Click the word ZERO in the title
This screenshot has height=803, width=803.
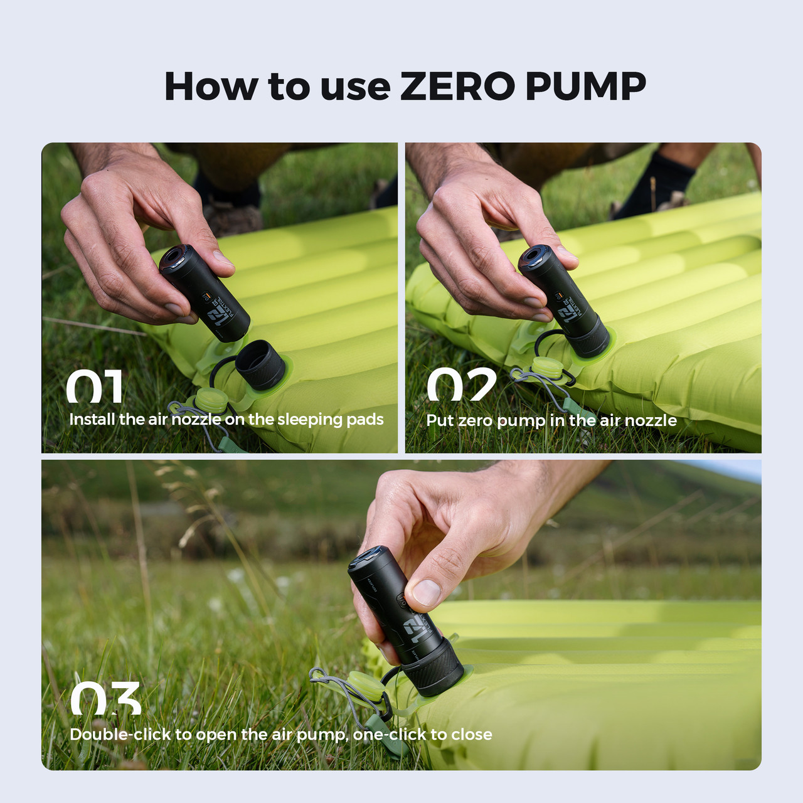click(457, 87)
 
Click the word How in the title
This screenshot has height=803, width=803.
click(211, 87)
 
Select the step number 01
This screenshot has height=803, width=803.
click(95, 387)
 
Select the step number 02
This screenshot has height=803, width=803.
click(462, 385)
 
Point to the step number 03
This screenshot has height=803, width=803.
click(105, 699)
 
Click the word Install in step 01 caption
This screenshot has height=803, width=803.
click(92, 419)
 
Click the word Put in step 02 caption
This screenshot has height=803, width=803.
click(440, 420)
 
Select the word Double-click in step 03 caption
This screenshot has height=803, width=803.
click(120, 734)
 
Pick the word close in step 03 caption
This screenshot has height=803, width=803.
click(471, 734)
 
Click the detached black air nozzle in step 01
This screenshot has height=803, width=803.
click(260, 366)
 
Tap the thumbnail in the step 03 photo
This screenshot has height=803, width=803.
click(427, 592)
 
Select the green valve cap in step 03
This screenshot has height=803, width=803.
click(363, 685)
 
